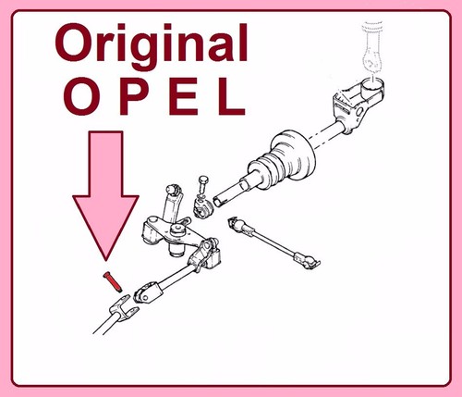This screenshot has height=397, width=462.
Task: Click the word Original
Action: point(152,46)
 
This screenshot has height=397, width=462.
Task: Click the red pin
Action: point(113,281)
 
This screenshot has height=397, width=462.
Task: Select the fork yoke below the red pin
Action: point(123,308)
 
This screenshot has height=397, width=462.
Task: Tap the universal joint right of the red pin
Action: point(147,294)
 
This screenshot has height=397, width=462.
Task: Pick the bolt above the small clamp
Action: point(203,186)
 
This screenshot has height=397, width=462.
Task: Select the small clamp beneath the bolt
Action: point(202,208)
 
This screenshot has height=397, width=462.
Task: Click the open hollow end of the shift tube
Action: point(218,202)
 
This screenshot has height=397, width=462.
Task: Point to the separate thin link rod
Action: point(274,242)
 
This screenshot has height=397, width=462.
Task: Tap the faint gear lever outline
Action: point(372,49)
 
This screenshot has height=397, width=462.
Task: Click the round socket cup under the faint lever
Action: point(372,85)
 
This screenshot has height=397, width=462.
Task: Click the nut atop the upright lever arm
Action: point(172,189)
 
